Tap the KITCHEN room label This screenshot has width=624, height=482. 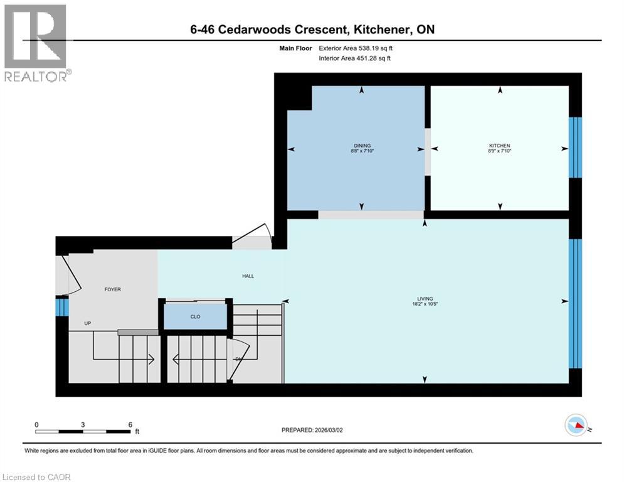click(x=500, y=146)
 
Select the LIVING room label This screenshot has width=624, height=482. click(x=425, y=299)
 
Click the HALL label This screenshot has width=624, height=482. click(x=248, y=276)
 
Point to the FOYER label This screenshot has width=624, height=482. click(x=112, y=289)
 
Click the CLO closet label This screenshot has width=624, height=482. click(x=195, y=317)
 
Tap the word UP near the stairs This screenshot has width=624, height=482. click(x=88, y=324)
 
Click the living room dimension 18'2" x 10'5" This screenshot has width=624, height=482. click(x=425, y=304)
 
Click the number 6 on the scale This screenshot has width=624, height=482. click(x=129, y=424)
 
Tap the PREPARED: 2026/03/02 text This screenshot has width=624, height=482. click(x=312, y=430)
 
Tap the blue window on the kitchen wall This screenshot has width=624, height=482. click(x=575, y=147)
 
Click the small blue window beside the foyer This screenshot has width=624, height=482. click(x=61, y=307)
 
